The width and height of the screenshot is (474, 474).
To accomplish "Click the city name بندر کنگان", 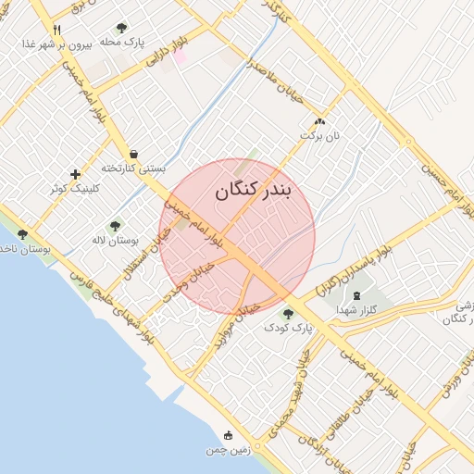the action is (x=253, y=191).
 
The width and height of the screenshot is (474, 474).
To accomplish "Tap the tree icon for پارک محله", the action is (x=121, y=29).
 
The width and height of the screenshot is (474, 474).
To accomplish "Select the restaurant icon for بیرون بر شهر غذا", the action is (x=57, y=29).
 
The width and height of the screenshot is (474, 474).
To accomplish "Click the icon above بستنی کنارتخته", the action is (x=135, y=155).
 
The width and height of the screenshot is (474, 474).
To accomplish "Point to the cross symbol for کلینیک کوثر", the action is (x=75, y=174).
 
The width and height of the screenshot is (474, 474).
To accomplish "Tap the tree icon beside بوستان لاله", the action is (x=115, y=226).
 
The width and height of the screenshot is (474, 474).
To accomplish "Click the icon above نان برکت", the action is (x=320, y=121).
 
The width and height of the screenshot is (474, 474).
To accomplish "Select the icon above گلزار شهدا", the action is (x=355, y=296).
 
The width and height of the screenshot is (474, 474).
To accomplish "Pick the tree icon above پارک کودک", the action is (x=288, y=313).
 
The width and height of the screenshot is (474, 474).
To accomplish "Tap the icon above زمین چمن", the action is (x=228, y=436).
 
